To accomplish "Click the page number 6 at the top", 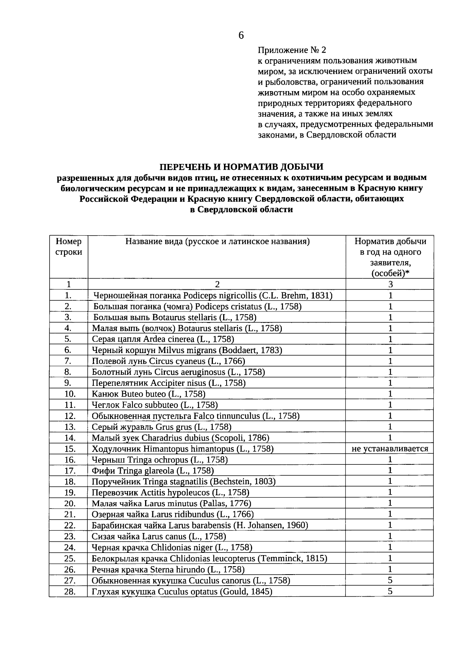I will click(241, 35).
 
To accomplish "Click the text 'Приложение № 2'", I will click(292, 50).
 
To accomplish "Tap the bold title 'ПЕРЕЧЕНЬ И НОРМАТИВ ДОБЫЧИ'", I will click(241, 167).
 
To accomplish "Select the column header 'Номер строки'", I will click(69, 247).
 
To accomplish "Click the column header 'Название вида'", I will click(217, 241).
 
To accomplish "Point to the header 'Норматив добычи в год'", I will click(390, 247).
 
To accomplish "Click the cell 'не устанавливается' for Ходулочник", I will click(390, 449).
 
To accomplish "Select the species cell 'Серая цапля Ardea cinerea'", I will click(163, 339).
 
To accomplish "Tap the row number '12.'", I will click(70, 416).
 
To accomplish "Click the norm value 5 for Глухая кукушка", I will click(390, 591).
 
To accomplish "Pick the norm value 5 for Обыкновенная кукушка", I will click(390, 580).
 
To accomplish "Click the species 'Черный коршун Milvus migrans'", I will click(187, 350).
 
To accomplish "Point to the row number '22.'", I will click(70, 525).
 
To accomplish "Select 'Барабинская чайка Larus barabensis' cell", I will click(200, 525).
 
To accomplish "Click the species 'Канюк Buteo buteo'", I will click(149, 394).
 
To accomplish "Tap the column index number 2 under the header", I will click(217, 284).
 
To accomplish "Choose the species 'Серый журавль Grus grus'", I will click(161, 427).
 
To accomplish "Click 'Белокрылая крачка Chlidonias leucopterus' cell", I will click(209, 559).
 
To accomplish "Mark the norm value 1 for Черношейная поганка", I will click(390, 295).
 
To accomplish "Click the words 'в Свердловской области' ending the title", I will click(241, 209).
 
